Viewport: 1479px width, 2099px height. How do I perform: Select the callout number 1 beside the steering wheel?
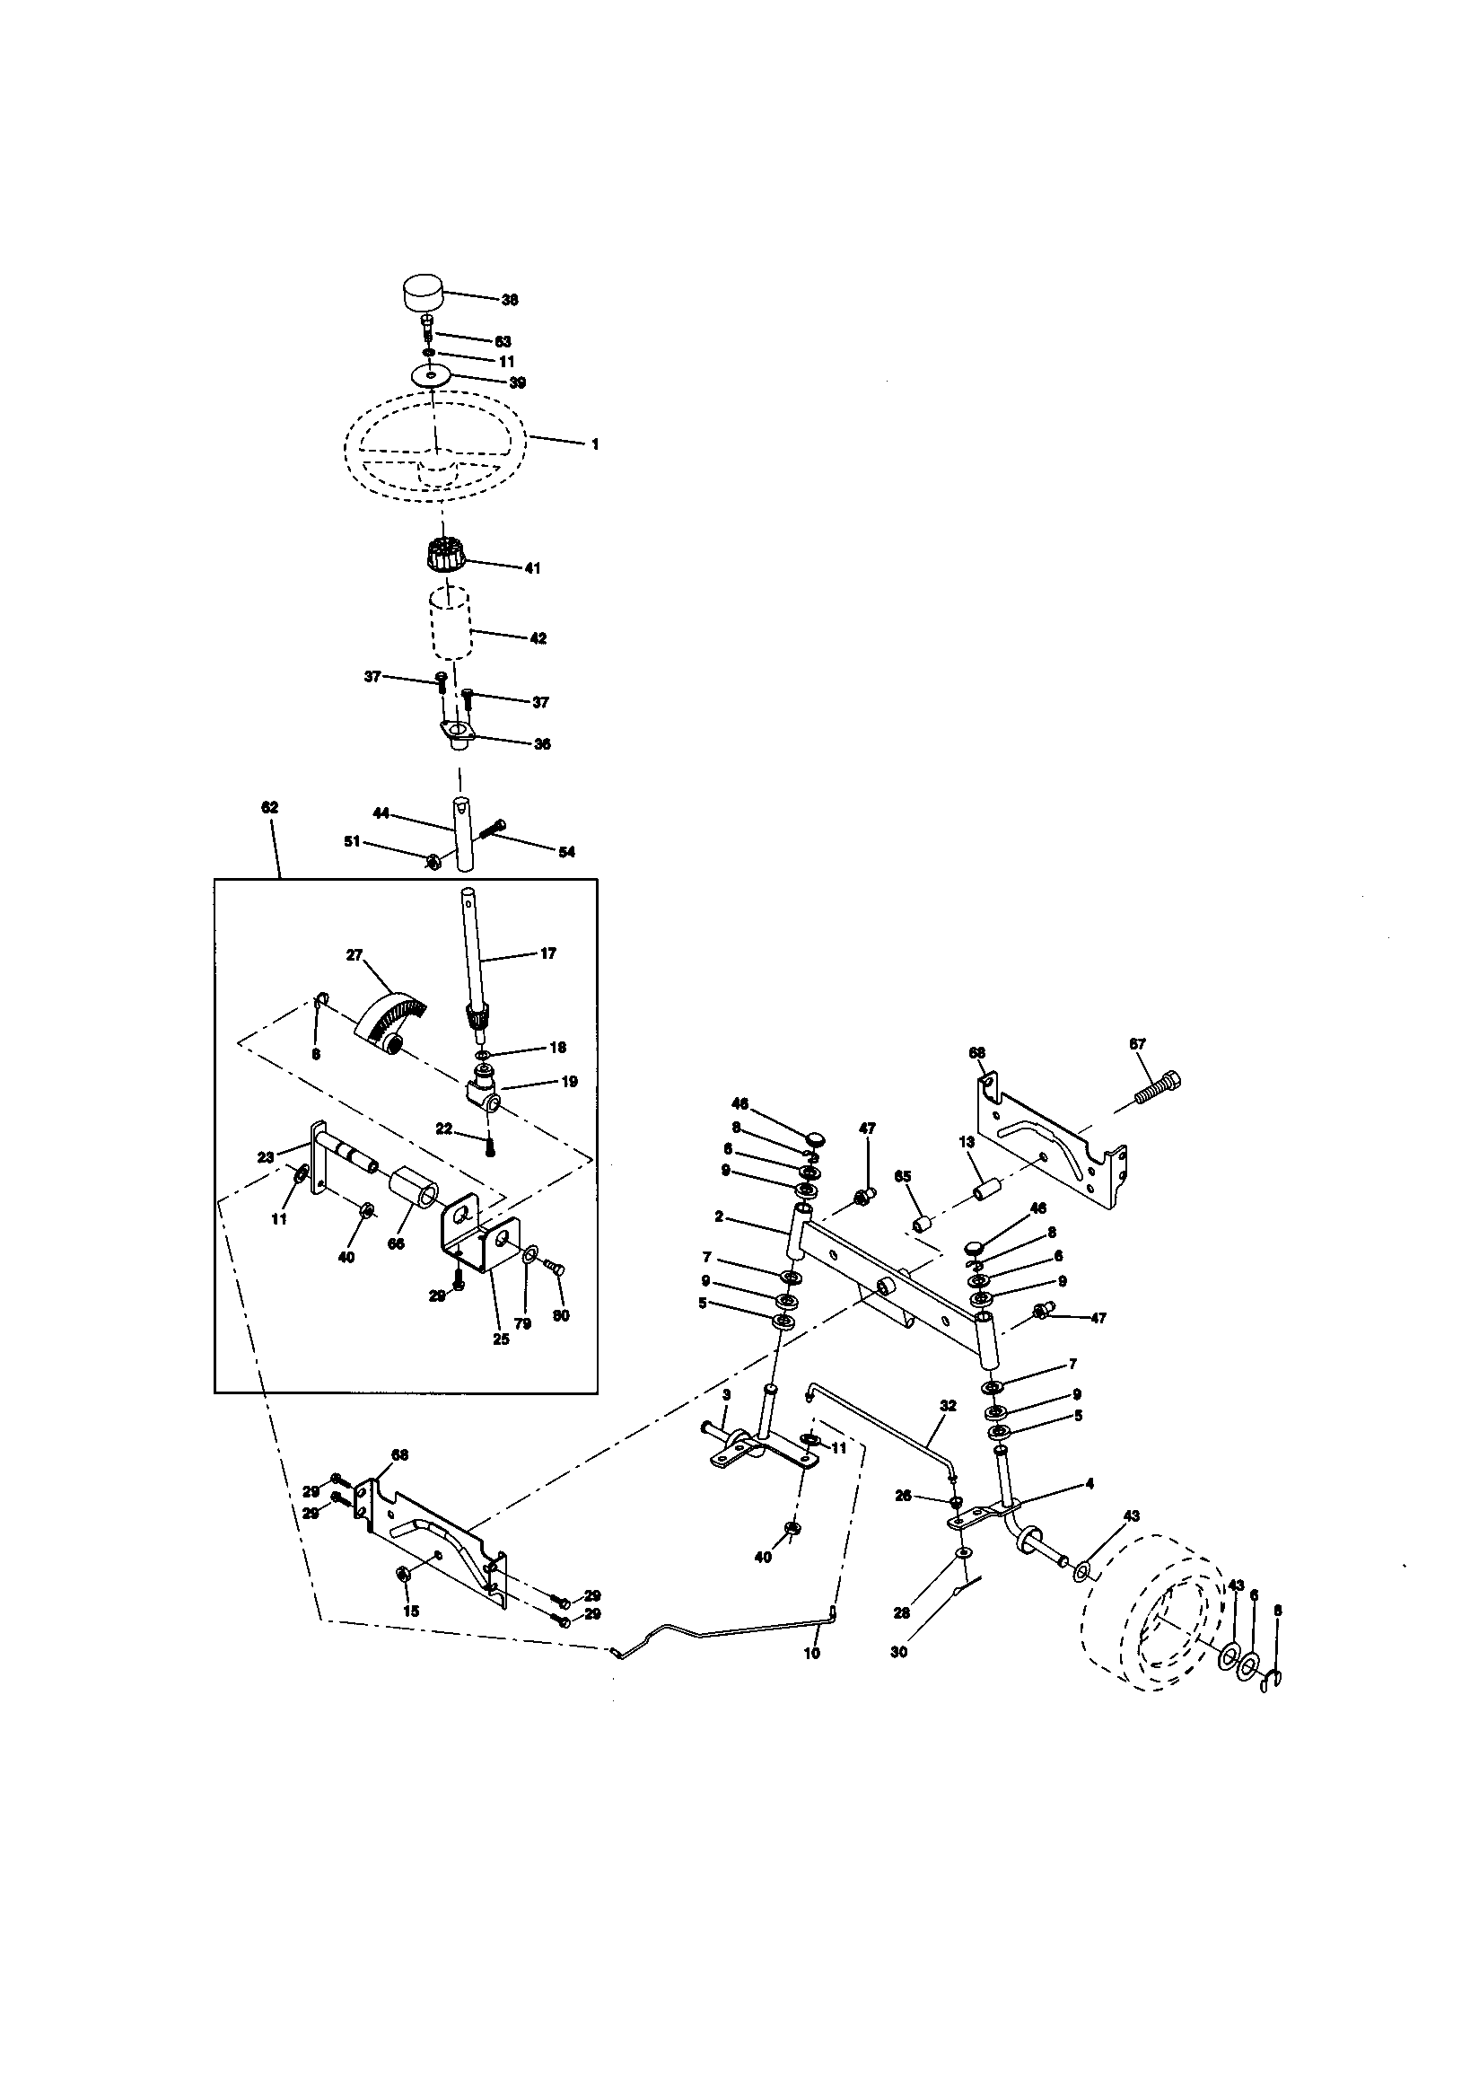(595, 444)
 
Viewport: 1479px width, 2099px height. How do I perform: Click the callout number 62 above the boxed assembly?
(269, 807)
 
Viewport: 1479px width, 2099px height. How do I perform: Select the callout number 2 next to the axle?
(720, 1216)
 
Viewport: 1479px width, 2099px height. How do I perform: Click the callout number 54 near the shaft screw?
(566, 852)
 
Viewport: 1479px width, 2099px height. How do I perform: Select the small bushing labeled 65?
(923, 1223)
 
